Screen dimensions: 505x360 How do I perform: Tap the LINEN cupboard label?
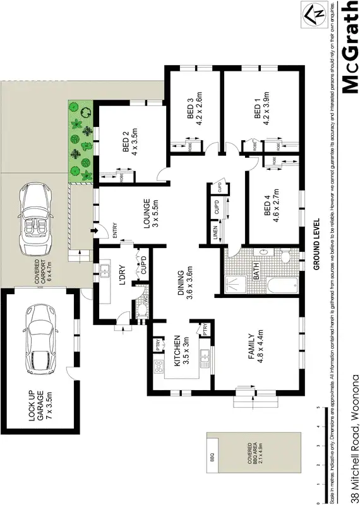215,234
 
